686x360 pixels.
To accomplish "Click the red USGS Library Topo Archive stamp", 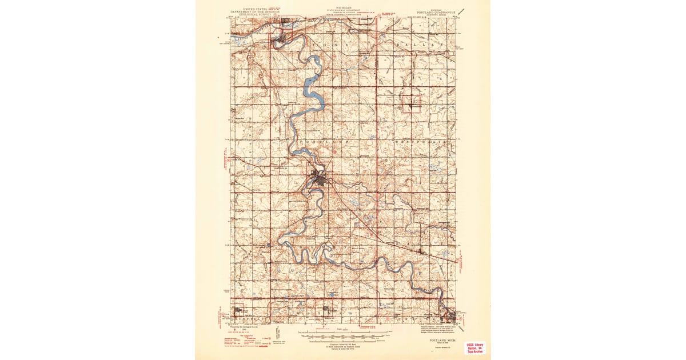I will [475, 347].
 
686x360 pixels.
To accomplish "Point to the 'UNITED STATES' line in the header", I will [254, 9].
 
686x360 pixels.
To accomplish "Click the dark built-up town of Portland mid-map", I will [318, 180].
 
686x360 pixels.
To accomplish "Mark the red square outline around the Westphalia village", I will [412, 103].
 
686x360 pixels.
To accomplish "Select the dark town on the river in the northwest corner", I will [280, 39].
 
